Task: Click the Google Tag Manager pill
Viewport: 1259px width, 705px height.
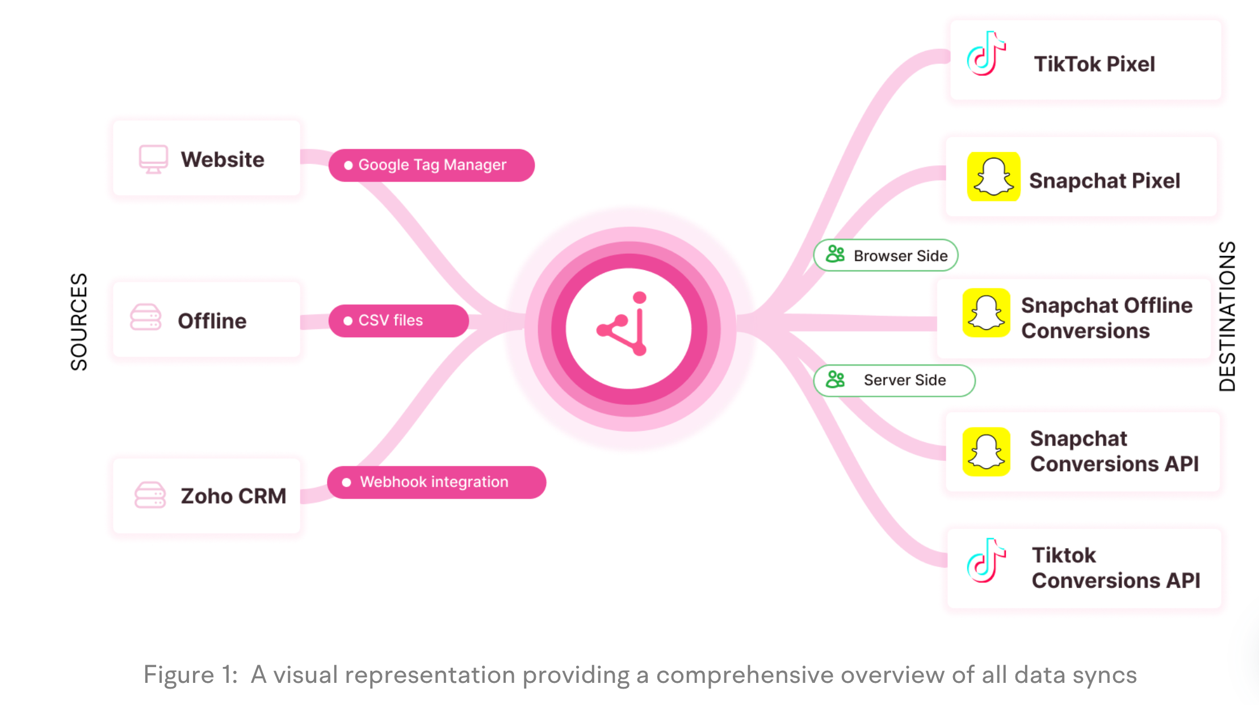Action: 431,165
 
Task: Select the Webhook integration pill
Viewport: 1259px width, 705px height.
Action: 436,482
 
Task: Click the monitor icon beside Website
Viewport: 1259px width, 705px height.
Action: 153,159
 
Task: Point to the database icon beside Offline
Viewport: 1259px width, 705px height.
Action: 146,317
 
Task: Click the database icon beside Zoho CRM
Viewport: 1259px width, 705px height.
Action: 150,495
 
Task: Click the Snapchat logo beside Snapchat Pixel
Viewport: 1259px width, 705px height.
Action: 993,177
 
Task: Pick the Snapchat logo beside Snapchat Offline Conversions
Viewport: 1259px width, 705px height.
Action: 987,313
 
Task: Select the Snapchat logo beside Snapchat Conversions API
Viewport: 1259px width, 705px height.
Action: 987,452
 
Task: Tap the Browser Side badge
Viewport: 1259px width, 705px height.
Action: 886,255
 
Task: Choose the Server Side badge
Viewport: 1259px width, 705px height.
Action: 894,380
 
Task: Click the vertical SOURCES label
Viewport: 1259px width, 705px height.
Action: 79,322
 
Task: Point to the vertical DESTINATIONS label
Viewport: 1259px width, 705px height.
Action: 1227,316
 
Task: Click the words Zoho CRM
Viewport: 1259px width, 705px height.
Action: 233,496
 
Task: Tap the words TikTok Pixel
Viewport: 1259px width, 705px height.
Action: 1094,64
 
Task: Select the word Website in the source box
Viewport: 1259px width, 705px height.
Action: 223,160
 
